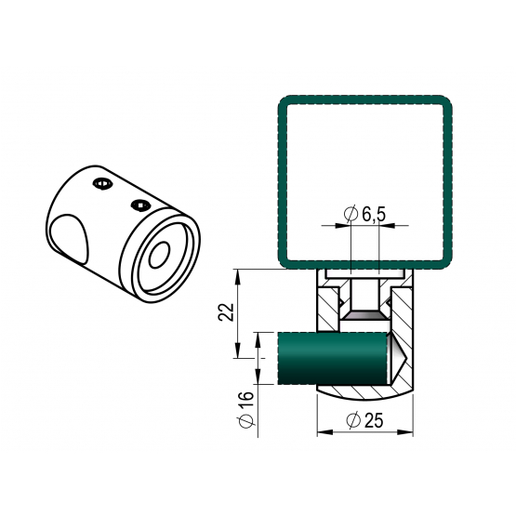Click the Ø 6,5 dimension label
click(x=364, y=214)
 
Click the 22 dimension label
click(x=226, y=312)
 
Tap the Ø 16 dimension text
click(x=246, y=410)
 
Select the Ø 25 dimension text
click(x=365, y=420)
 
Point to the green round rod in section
click(x=331, y=358)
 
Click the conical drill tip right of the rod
click(x=398, y=359)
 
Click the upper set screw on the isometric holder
click(x=102, y=184)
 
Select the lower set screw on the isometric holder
click(x=140, y=205)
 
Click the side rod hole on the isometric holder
click(x=69, y=239)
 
